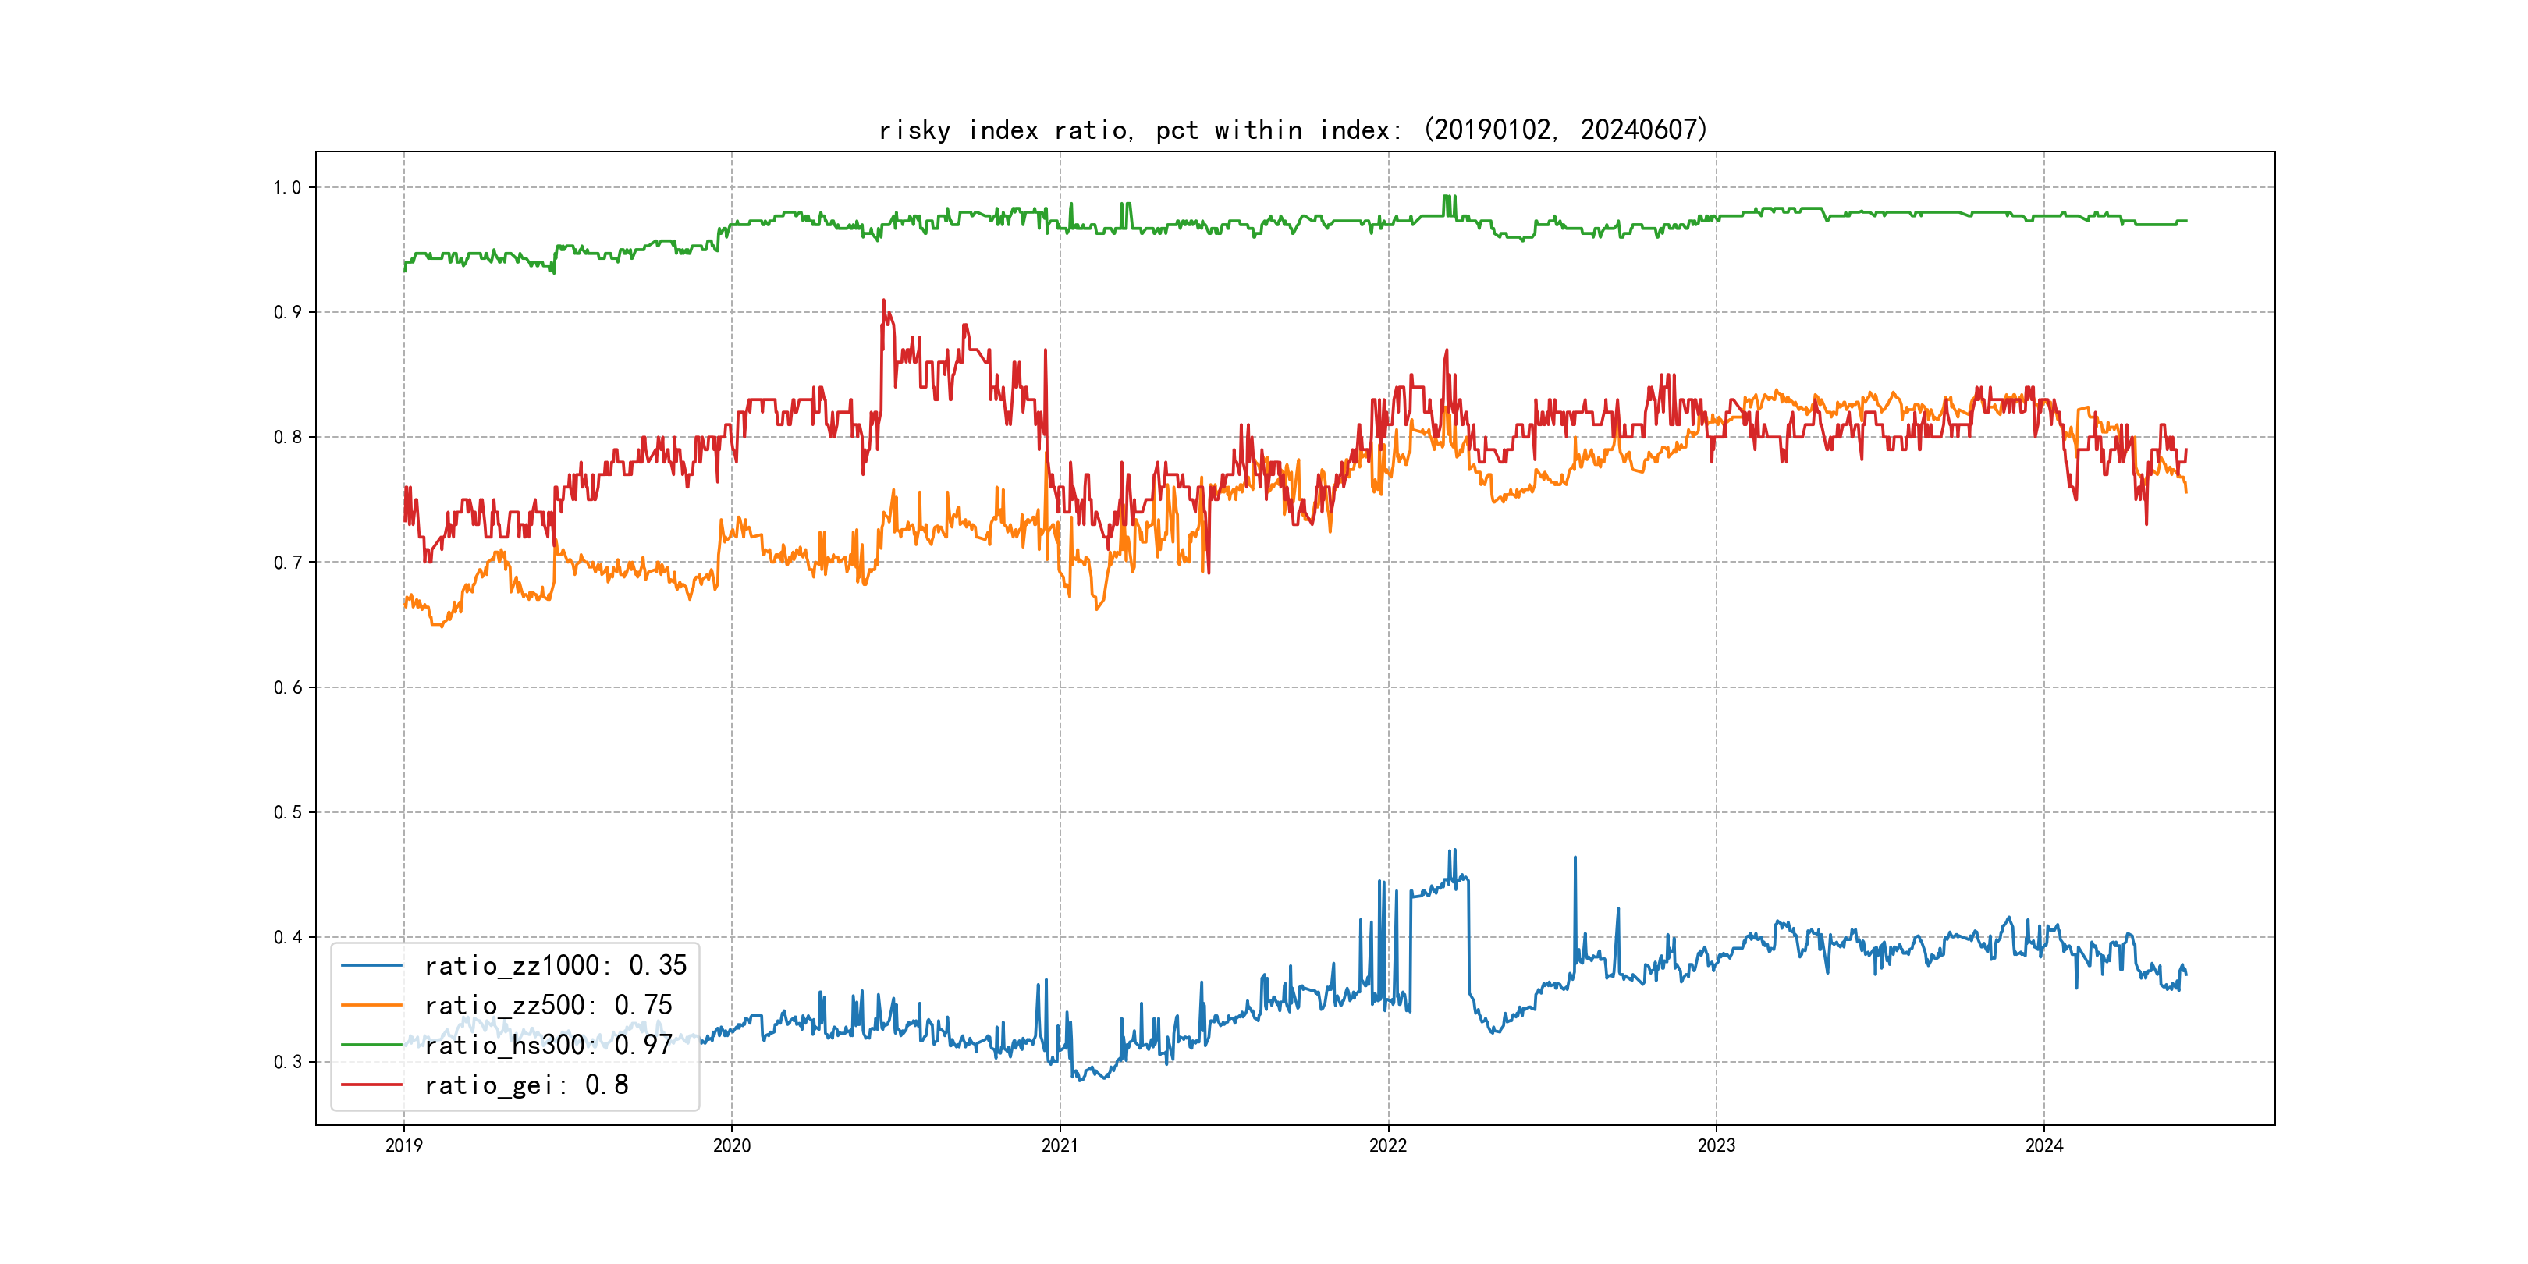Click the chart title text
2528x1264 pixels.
click(1292, 130)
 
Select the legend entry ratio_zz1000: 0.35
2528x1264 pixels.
click(555, 966)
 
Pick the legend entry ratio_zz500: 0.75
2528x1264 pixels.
click(548, 1006)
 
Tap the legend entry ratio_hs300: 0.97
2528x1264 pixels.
click(548, 1046)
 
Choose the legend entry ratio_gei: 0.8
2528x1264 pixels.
click(526, 1085)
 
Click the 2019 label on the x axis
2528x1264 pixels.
click(403, 1145)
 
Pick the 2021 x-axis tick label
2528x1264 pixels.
click(1060, 1145)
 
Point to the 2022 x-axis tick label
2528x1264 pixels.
click(1387, 1145)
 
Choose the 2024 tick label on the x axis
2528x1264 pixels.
click(2044, 1145)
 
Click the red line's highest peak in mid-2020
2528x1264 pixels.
click(883, 300)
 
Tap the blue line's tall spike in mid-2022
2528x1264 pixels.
click(1575, 857)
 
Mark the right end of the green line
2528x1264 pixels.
click(2185, 221)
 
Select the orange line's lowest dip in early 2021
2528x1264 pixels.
click(1097, 609)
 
